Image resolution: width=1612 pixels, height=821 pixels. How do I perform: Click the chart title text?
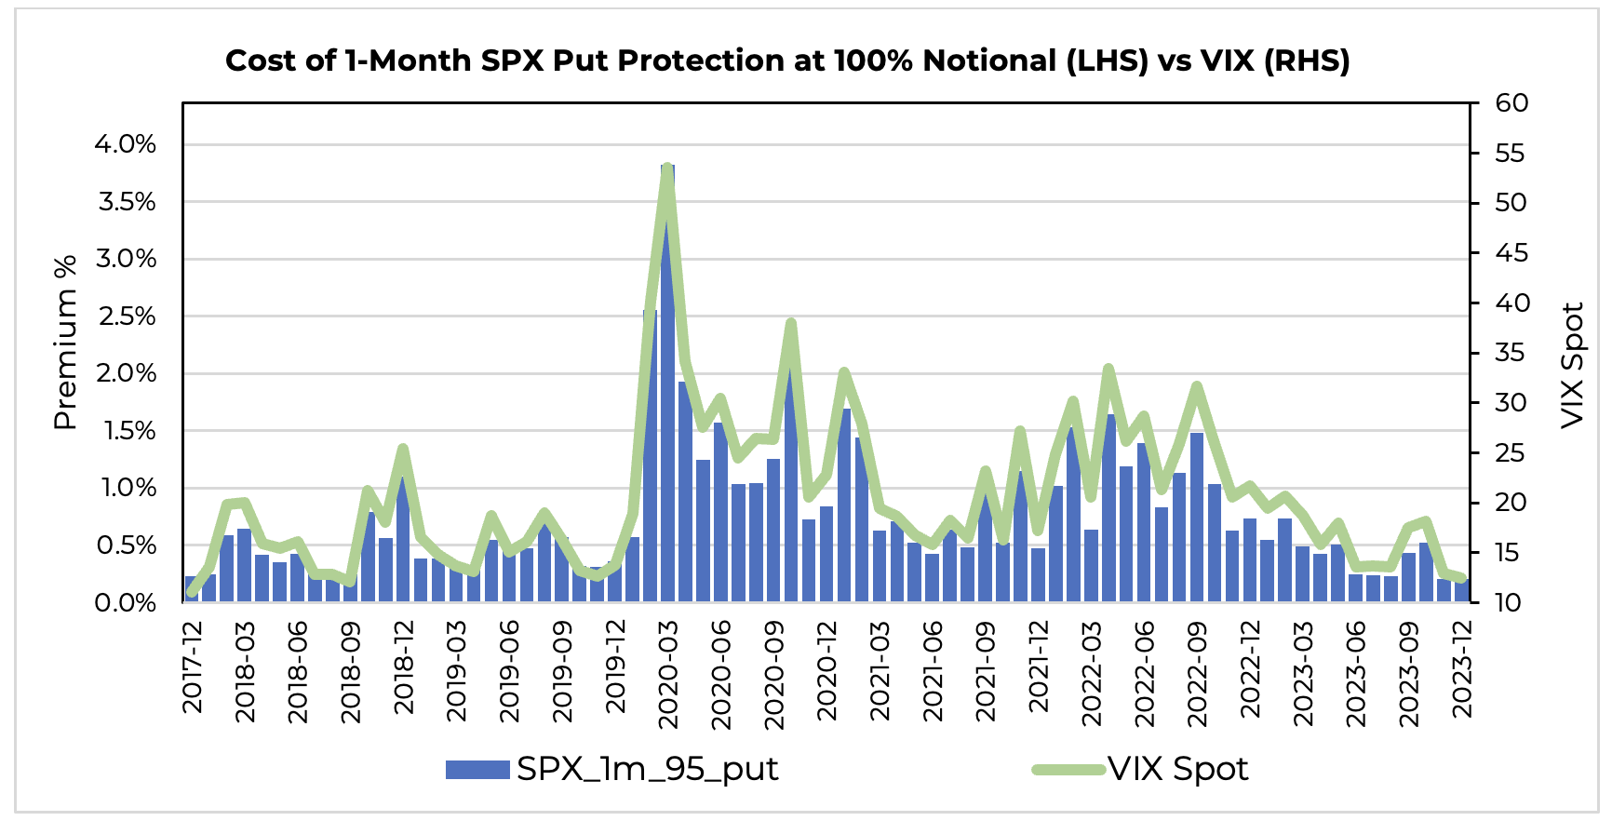coord(787,61)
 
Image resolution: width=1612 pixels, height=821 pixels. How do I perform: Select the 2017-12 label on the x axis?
coord(193,668)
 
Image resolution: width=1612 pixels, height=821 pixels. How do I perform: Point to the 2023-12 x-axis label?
coord(1463,668)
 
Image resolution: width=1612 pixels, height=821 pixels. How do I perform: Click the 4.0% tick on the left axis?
coord(125,144)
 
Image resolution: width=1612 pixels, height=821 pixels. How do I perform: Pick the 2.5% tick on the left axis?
coord(125,316)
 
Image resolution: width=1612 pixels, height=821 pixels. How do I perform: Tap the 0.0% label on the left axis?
coord(125,603)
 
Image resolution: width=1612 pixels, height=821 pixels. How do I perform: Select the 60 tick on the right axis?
coord(1511,102)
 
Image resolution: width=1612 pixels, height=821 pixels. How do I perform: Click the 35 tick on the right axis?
coord(1511,353)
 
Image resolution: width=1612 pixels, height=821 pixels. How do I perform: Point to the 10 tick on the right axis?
coord(1508,603)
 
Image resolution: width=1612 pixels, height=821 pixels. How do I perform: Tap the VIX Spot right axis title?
coord(1573,365)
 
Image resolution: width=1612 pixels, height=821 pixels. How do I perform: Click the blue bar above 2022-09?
coord(1197,518)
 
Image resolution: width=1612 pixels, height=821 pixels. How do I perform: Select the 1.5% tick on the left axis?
coord(125,431)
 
